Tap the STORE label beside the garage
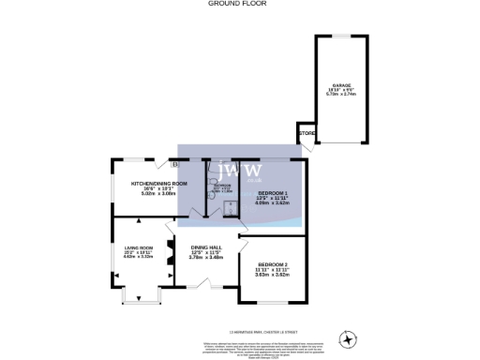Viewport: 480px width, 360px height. [x=307, y=134]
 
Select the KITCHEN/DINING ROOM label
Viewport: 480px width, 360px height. [x=160, y=184]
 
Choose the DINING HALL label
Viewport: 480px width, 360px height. [x=205, y=247]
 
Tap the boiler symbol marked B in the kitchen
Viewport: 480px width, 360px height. [x=174, y=162]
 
